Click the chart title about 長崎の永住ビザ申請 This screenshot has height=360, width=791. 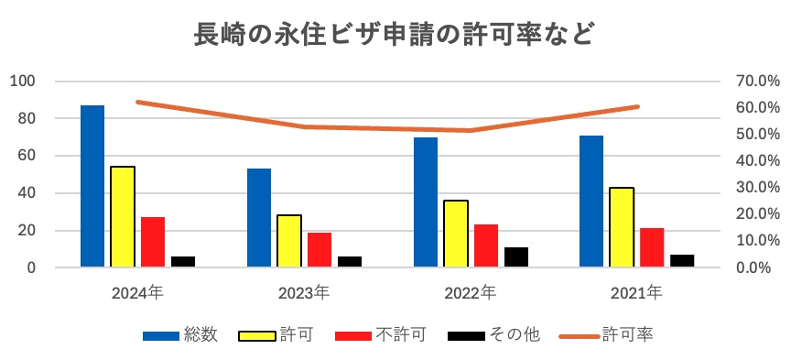(395, 34)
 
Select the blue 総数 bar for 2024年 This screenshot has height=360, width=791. (92, 186)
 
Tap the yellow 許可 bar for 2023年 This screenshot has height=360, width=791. (289, 241)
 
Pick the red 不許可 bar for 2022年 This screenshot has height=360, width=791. (486, 245)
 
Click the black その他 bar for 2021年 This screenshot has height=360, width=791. (682, 261)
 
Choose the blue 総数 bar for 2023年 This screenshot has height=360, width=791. (259, 218)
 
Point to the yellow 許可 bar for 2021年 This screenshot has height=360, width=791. (622, 227)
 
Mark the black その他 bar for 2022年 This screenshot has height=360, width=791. (516, 257)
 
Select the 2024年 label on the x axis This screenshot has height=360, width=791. (137, 293)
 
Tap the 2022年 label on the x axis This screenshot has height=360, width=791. (471, 293)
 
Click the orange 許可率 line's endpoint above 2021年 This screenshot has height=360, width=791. (638, 107)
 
